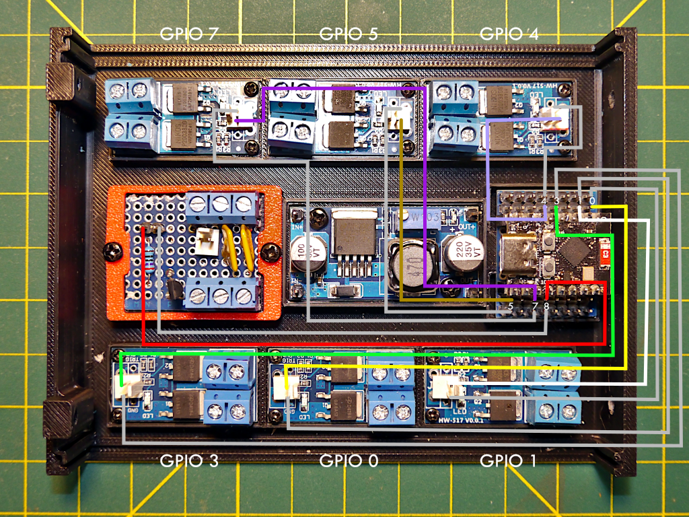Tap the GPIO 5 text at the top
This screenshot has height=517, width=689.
(348, 34)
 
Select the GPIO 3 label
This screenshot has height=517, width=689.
(189, 461)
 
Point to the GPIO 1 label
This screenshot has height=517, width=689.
(509, 461)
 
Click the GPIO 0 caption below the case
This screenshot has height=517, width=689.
(349, 461)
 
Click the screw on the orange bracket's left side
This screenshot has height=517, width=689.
(113, 252)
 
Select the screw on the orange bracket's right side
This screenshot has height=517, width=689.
(271, 252)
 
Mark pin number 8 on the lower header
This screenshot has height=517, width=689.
(546, 307)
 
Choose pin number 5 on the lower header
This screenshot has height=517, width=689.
(511, 307)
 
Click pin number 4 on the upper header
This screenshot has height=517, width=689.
(544, 200)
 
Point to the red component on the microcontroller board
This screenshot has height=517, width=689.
(606, 256)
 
